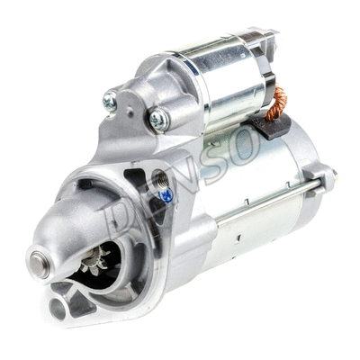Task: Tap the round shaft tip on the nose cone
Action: click(40, 262)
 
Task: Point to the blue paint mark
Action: click(166, 194)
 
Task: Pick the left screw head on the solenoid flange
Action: click(110, 102)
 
